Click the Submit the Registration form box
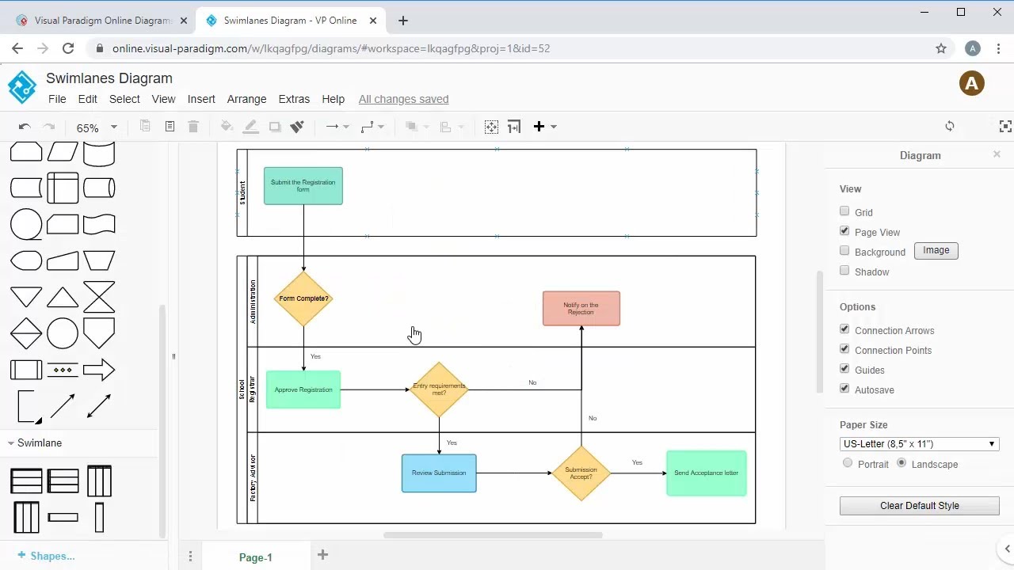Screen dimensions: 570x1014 click(303, 186)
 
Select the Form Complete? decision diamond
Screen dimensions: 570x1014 click(303, 298)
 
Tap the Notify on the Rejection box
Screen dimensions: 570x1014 click(581, 308)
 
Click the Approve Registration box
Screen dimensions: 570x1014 click(303, 389)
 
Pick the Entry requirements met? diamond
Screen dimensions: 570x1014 click(439, 389)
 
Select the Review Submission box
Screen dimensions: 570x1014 click(439, 473)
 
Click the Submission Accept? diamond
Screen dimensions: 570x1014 click(581, 473)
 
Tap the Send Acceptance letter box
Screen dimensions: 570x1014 click(706, 473)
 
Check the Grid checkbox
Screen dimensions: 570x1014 click(844, 211)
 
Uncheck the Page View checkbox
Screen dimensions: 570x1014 click(844, 231)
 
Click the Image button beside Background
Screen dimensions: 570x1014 click(936, 250)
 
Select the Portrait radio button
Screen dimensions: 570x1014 click(848, 463)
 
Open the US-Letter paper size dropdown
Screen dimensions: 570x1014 click(919, 444)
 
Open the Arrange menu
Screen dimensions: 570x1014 click(246, 99)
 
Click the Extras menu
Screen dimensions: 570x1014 click(294, 99)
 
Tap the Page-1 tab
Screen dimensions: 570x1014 click(255, 557)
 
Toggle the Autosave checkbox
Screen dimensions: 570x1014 click(844, 389)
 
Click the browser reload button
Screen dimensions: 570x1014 click(68, 48)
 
